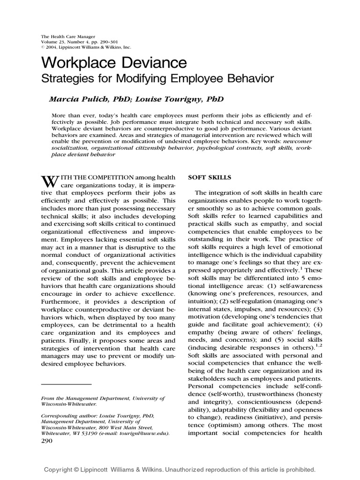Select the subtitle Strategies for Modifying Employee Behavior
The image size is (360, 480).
pos(158,79)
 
